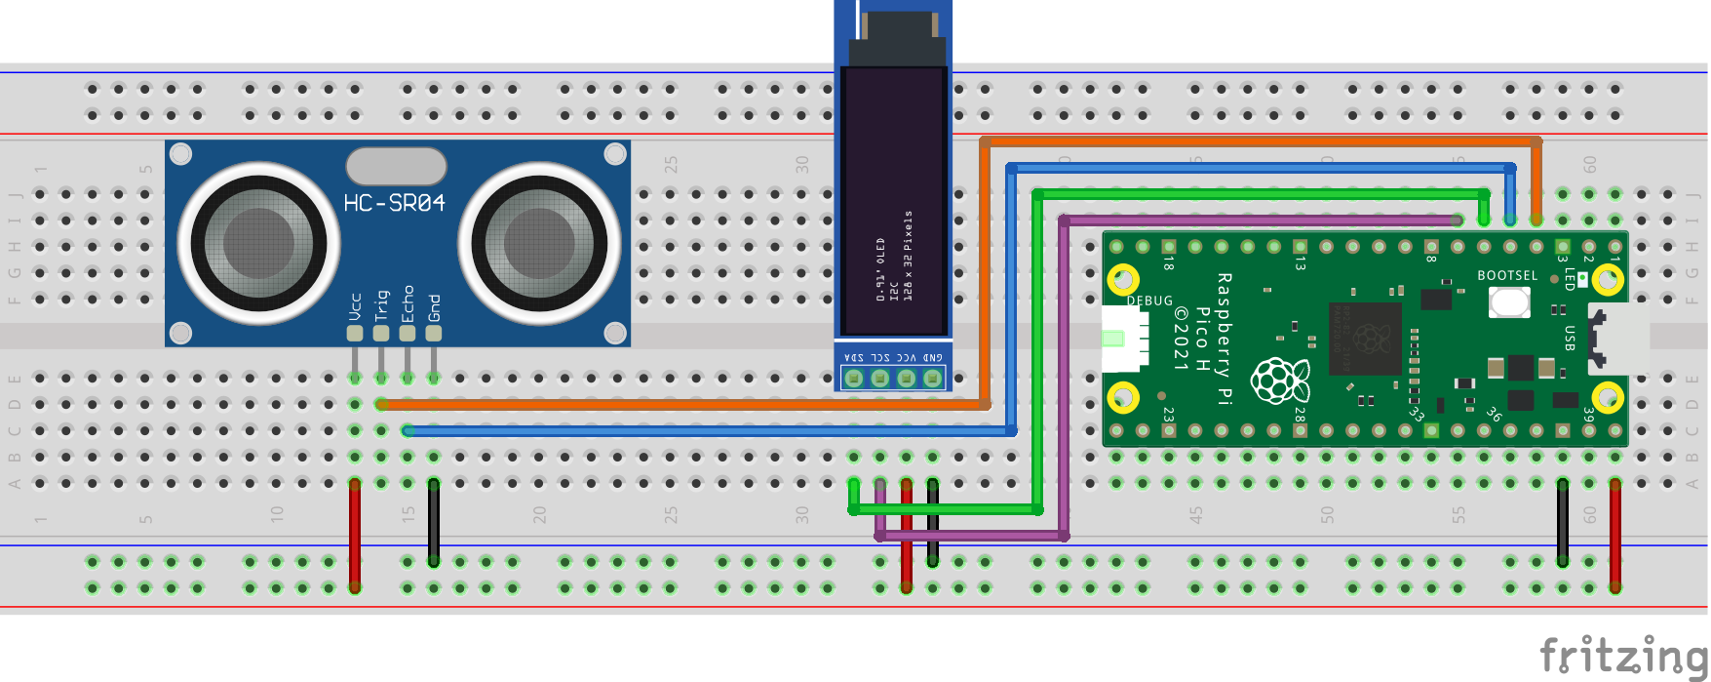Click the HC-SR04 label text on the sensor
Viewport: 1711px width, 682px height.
[x=394, y=203]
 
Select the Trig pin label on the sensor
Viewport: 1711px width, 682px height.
[x=381, y=304]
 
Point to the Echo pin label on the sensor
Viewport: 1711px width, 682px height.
[x=408, y=302]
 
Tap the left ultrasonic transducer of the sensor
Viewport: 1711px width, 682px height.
[x=258, y=243]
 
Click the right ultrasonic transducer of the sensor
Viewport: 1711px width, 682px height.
[x=539, y=243]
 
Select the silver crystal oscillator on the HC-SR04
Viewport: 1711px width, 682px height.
[x=396, y=166]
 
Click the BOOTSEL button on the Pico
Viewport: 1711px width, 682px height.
[x=1508, y=301]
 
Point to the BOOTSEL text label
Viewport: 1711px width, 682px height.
[x=1506, y=276]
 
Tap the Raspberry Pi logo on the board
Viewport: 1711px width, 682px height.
[x=1279, y=380]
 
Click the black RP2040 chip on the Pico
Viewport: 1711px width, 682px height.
[x=1365, y=338]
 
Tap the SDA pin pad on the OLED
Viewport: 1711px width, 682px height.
[x=854, y=378]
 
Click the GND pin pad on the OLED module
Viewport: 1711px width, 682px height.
[x=933, y=378]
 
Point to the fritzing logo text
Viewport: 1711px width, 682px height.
[x=1622, y=655]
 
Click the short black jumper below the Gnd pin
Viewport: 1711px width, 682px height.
[x=434, y=522]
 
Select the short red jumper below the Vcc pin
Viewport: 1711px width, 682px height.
[x=355, y=535]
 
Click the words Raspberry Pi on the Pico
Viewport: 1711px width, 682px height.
[x=1225, y=338]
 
